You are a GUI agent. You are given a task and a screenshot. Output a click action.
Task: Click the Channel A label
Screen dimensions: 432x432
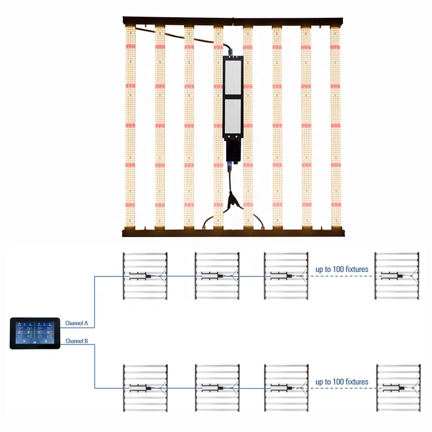pos(76,323)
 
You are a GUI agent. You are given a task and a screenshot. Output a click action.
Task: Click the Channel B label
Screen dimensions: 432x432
pos(76,341)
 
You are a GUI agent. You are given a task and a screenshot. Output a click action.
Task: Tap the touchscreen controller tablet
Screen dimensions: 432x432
pos(35,333)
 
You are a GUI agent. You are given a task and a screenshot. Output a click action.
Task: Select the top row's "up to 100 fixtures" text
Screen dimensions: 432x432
pos(342,268)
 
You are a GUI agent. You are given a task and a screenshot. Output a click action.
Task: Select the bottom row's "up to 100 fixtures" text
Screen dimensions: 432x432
pos(342,382)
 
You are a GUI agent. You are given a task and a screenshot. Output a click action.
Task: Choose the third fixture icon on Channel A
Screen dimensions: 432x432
pos(286,276)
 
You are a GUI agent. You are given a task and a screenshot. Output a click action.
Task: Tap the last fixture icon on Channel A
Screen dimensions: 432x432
pos(399,276)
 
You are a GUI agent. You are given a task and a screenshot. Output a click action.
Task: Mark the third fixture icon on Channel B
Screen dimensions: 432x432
pos(286,388)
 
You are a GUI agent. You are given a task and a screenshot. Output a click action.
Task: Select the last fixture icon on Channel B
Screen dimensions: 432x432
pos(399,388)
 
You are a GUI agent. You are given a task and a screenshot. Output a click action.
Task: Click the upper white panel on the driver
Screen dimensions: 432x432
pos(232,75)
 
